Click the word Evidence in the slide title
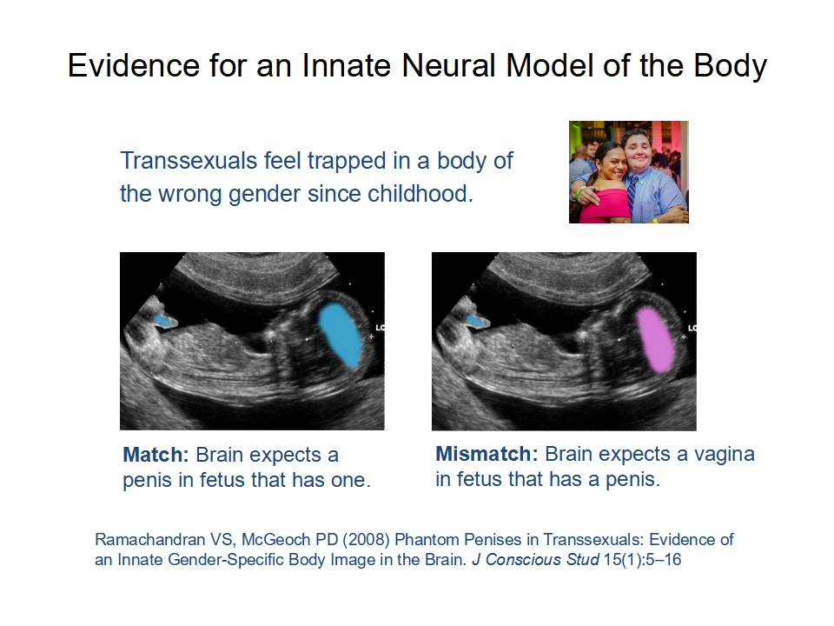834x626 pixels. (x=134, y=65)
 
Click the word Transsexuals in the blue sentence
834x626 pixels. (x=189, y=160)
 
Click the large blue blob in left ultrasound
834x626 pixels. (x=341, y=336)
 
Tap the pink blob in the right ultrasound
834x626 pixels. (x=656, y=340)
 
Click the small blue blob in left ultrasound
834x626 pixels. (x=165, y=320)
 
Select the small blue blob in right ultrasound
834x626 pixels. (x=477, y=320)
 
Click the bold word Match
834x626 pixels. (x=156, y=455)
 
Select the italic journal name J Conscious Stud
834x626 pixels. (x=535, y=559)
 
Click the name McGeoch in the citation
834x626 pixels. (x=276, y=539)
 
